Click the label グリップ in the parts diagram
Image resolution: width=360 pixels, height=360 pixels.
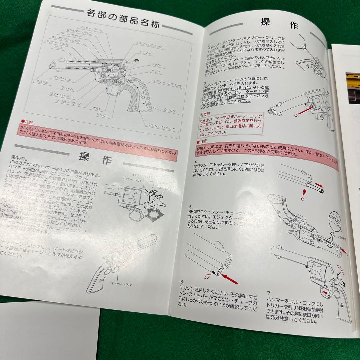(x=170, y=110)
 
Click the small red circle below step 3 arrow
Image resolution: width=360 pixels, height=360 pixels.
(x=296, y=114)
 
